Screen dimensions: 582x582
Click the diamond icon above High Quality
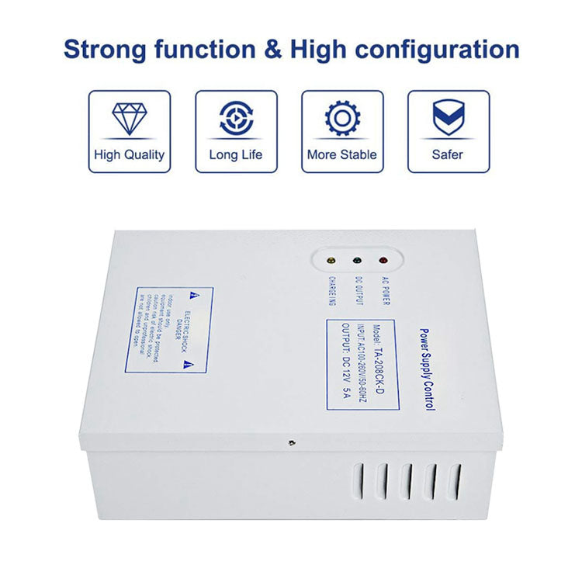coord(129,118)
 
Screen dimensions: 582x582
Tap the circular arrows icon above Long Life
coord(236,118)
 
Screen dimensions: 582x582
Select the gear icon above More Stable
coord(342,119)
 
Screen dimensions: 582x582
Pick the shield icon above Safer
coord(449,119)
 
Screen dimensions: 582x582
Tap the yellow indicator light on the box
coord(332,262)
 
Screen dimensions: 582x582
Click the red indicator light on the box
coord(383,262)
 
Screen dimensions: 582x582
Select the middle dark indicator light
coord(358,262)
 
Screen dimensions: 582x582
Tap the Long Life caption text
coord(236,154)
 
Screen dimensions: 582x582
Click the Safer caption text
coord(449,154)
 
